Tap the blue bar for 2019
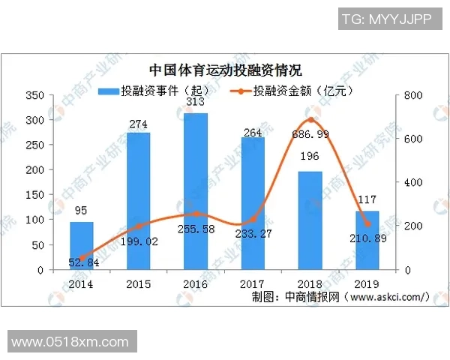[x=367, y=240]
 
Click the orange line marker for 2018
[x=310, y=121]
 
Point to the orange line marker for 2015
[x=139, y=226]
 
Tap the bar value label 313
[x=196, y=103]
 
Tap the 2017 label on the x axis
[x=253, y=284]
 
